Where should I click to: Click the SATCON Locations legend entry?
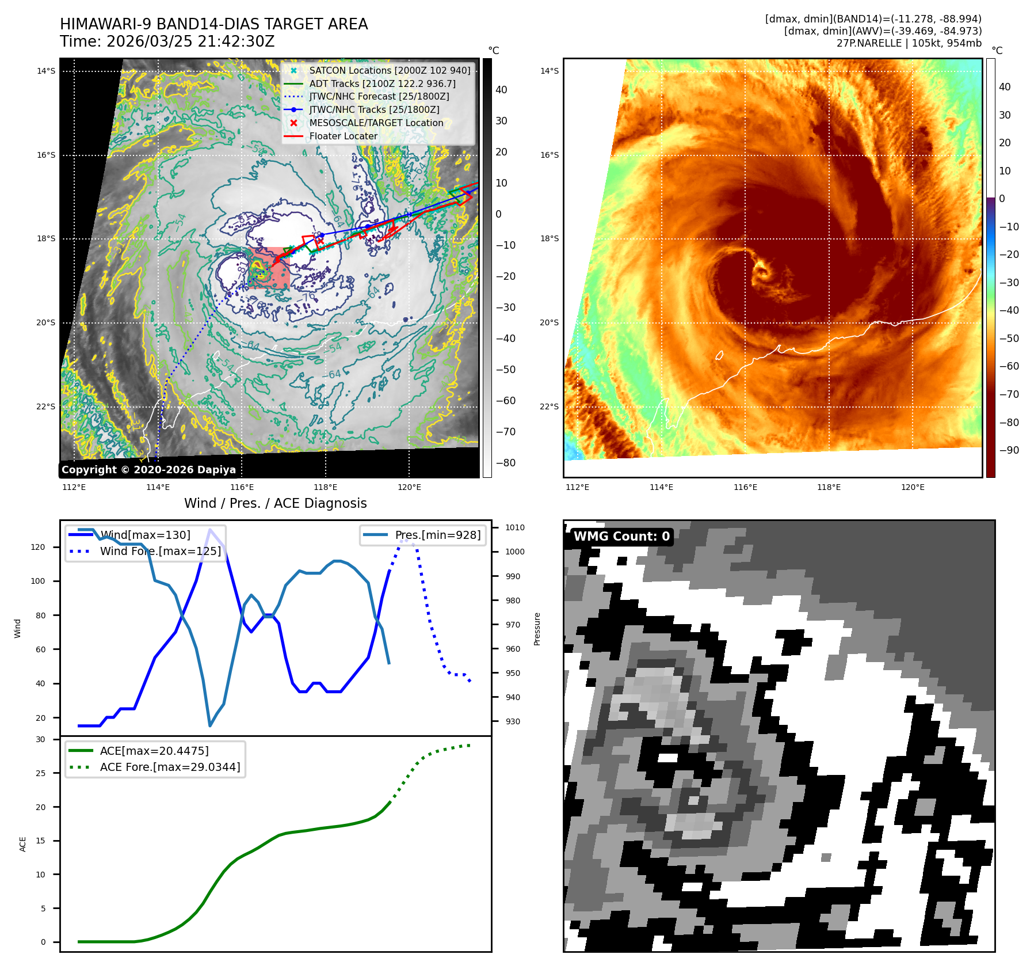pyautogui.click(x=389, y=70)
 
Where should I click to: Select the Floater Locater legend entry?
pyautogui.click(x=343, y=136)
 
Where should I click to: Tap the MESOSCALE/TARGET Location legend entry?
pyautogui.click(x=376, y=123)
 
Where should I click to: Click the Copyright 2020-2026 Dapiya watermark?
pyautogui.click(x=148, y=469)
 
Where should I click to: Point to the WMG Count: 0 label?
pyautogui.click(x=621, y=536)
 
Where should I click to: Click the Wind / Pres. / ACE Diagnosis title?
pyautogui.click(x=275, y=503)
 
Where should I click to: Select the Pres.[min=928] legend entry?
pyautogui.click(x=437, y=535)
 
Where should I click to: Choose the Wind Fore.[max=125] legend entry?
pyautogui.click(x=160, y=551)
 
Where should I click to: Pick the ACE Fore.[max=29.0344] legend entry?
pyautogui.click(x=170, y=767)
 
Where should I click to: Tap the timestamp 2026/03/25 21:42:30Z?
pyautogui.click(x=190, y=41)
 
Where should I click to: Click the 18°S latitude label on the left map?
pyautogui.click(x=46, y=238)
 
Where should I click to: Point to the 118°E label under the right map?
pyautogui.click(x=829, y=487)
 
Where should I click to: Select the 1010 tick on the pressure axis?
pyautogui.click(x=515, y=527)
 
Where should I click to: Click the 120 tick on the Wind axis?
pyautogui.click(x=38, y=547)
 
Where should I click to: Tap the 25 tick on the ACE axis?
pyautogui.click(x=40, y=773)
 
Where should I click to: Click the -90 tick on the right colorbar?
pyautogui.click(x=1009, y=450)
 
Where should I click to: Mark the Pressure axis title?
pyautogui.click(x=537, y=629)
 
